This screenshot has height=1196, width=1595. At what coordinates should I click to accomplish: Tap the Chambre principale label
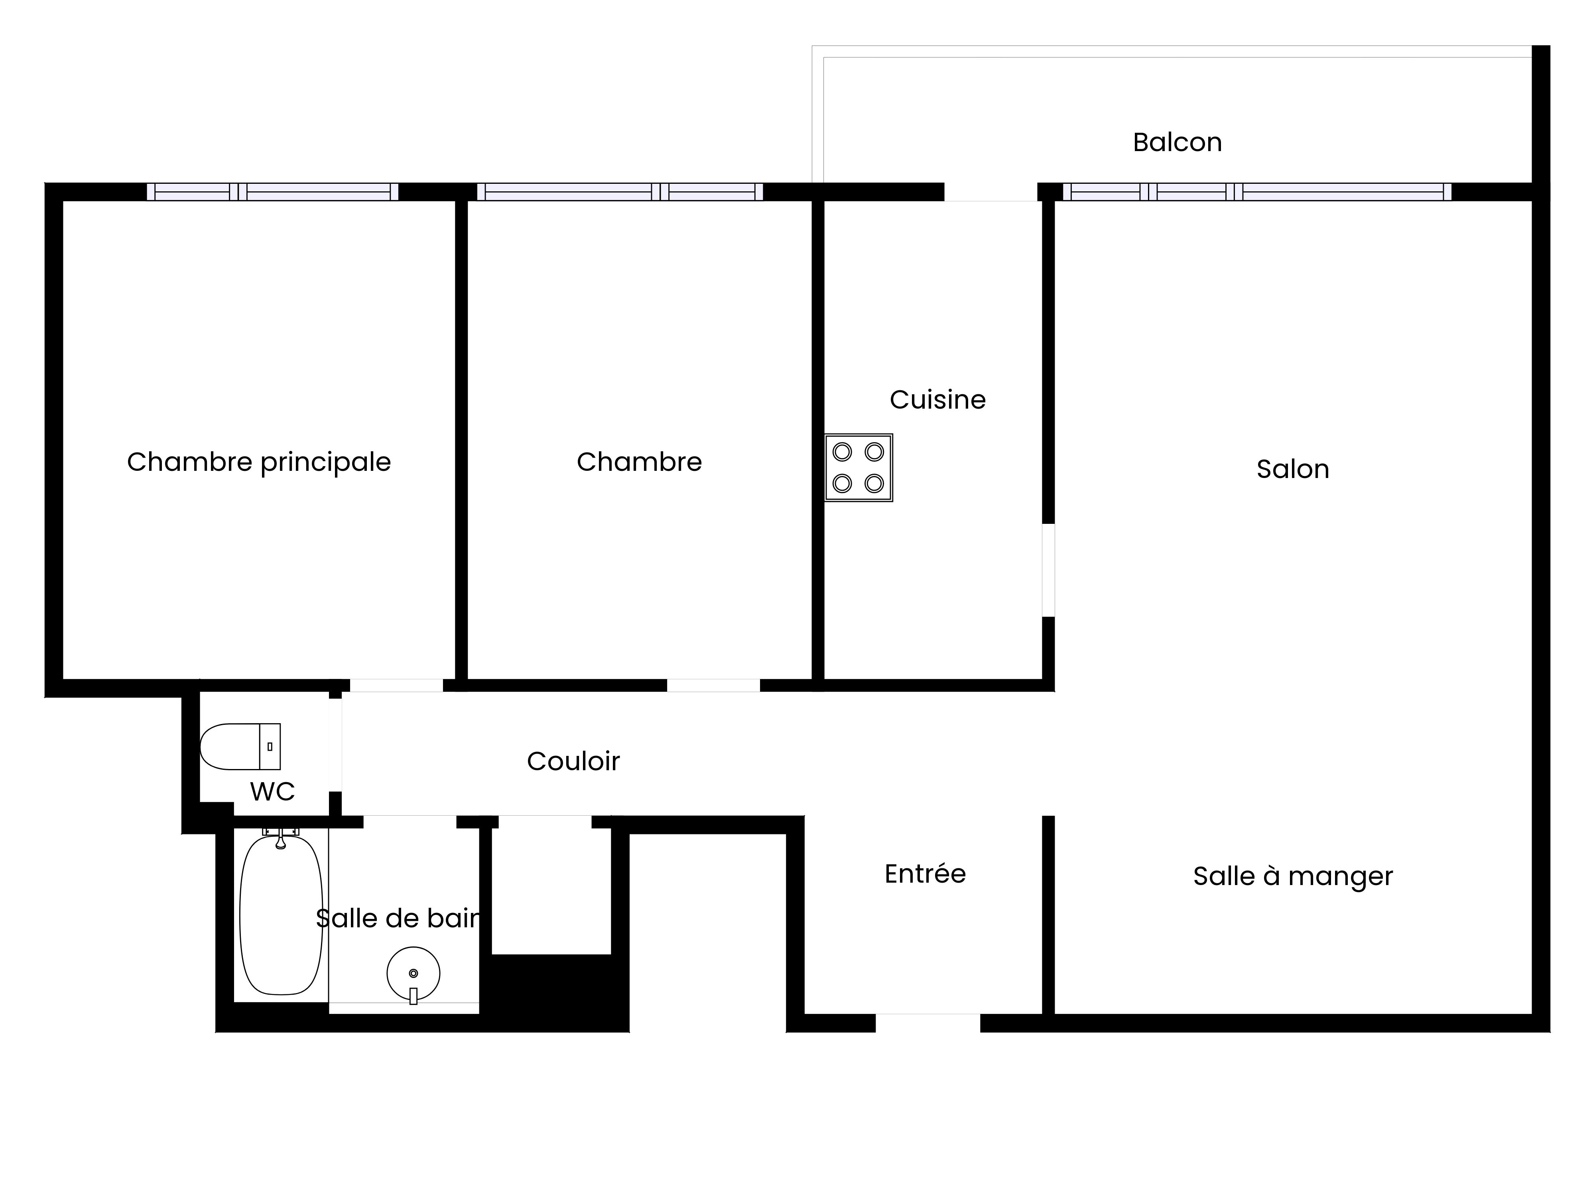coord(259,462)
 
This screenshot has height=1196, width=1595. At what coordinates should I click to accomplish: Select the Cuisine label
coord(937,399)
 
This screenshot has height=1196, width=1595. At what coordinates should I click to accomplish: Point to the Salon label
coord(1292,469)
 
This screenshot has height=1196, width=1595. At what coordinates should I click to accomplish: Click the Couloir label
coord(573,761)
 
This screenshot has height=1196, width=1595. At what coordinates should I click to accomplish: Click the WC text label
coord(273,792)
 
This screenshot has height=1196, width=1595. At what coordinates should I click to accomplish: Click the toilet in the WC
coord(240,747)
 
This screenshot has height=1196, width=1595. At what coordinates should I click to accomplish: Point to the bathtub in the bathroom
coord(281,915)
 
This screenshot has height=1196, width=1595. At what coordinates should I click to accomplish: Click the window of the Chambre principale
coord(273,192)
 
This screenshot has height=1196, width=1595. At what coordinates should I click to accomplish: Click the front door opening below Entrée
coord(928,1023)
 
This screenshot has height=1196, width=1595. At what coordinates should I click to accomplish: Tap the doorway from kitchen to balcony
coord(991,192)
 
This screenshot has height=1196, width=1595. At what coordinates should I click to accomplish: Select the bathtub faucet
coord(280,838)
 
